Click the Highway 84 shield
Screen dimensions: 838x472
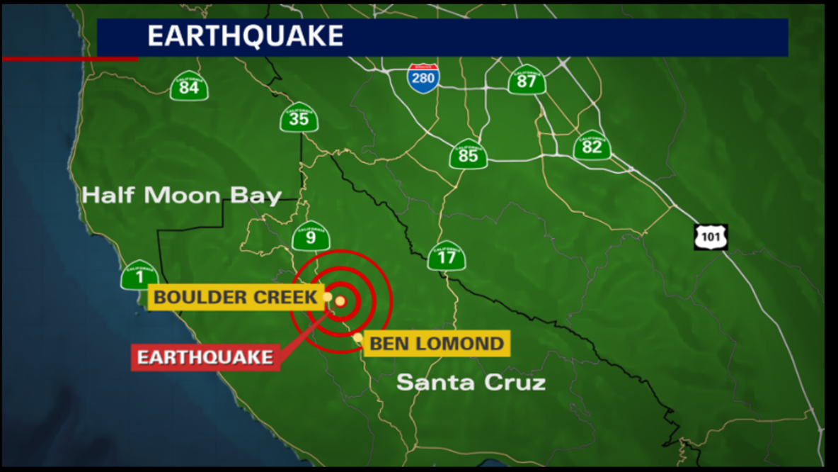(x=189, y=86)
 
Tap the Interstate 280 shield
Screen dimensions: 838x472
(x=423, y=77)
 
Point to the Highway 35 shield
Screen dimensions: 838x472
(x=299, y=118)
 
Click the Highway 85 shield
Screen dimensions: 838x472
(x=468, y=154)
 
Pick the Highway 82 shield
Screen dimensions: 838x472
(x=592, y=146)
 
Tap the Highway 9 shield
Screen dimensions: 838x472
(x=311, y=236)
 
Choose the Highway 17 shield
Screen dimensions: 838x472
(x=447, y=256)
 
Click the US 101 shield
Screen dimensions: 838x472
(x=710, y=237)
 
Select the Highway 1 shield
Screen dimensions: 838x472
(x=139, y=275)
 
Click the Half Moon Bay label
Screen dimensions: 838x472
(x=182, y=196)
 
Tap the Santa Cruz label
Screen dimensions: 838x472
(x=471, y=383)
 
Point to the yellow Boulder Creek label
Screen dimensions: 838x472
(x=235, y=297)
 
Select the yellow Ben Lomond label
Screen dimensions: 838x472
(x=437, y=344)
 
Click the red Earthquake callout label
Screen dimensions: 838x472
(x=205, y=356)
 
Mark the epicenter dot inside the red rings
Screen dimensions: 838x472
(x=340, y=301)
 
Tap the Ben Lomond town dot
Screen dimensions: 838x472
(x=359, y=337)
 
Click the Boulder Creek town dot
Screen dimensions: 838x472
(x=327, y=297)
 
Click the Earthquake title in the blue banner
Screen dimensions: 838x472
(x=245, y=36)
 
